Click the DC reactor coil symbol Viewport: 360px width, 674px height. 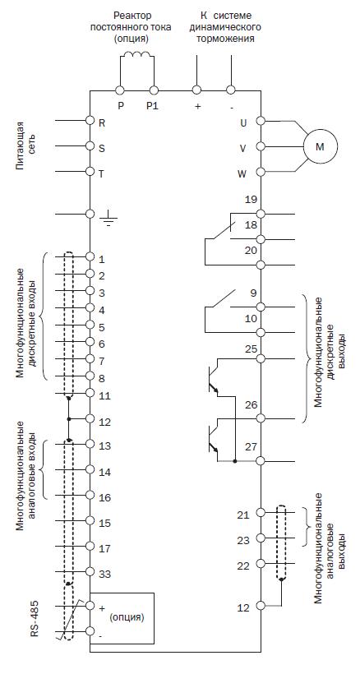136,54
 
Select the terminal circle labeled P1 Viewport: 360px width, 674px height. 154,90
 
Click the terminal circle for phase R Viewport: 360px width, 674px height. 90,120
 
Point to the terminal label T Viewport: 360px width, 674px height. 102,173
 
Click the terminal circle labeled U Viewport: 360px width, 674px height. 261,121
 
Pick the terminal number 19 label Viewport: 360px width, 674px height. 251,200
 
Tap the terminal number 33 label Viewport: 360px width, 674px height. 105,574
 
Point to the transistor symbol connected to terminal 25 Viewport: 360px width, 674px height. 214,380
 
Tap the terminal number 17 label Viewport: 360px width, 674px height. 104,548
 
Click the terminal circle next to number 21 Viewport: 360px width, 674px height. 261,512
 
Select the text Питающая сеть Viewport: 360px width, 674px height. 25,146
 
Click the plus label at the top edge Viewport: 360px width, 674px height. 198,107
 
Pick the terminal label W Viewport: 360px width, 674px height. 242,174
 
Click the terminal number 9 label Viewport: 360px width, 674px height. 253,293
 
